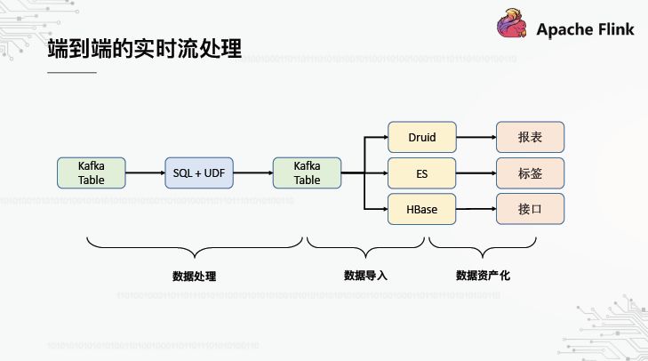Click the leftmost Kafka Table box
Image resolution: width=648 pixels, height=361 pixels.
point(92,172)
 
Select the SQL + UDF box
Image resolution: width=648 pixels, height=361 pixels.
point(199,172)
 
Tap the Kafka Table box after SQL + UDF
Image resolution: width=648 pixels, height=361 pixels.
point(307,172)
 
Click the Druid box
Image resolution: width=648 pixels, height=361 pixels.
point(422,138)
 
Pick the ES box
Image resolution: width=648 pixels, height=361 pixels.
point(422,172)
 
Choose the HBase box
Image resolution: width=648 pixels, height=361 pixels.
point(422,209)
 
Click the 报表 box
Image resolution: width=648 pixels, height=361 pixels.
point(530,138)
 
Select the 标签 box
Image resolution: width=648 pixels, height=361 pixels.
point(530,172)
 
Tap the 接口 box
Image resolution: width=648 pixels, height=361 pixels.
point(530,209)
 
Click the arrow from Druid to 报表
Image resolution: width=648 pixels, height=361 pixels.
point(476,138)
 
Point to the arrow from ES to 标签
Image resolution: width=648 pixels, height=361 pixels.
point(476,172)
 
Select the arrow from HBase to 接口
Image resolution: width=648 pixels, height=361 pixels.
point(476,209)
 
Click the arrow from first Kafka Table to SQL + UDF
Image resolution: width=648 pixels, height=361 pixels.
point(145,172)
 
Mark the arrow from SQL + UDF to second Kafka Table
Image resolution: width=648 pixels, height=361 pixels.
point(252,172)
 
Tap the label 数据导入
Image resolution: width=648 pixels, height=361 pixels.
point(366,277)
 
